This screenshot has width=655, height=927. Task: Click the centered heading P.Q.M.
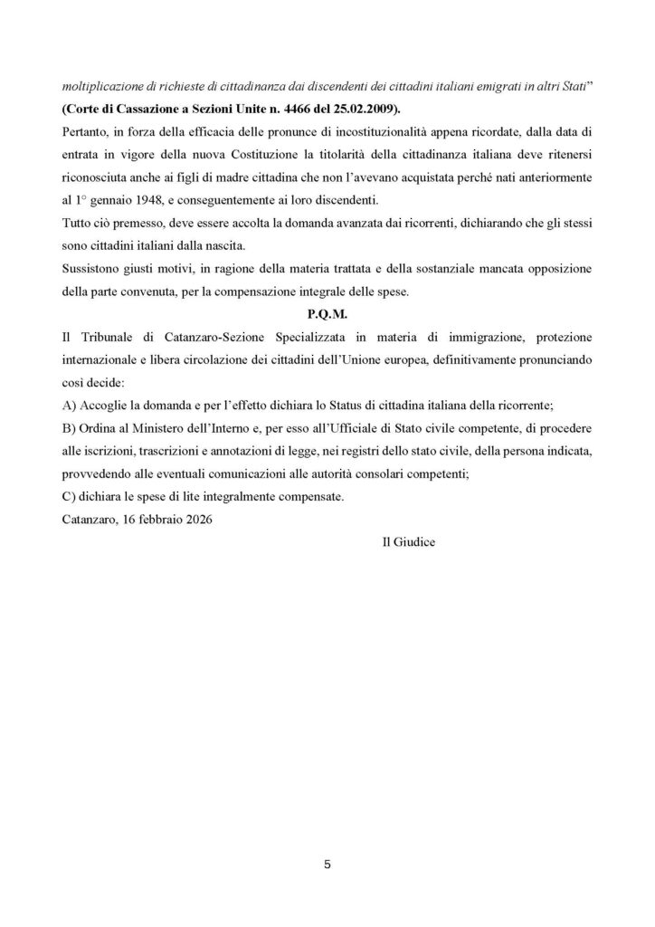point(327,312)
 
